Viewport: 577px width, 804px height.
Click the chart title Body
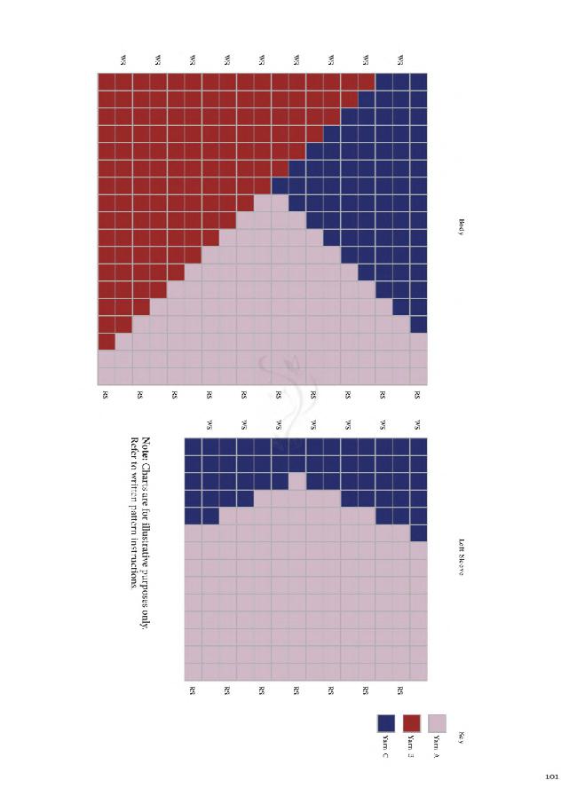click(x=462, y=227)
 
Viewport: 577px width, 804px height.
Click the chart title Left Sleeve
click(x=462, y=556)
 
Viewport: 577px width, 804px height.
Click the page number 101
click(x=551, y=777)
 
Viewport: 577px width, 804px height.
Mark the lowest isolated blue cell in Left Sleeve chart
click(x=419, y=532)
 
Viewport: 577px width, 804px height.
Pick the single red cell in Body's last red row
click(x=107, y=342)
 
